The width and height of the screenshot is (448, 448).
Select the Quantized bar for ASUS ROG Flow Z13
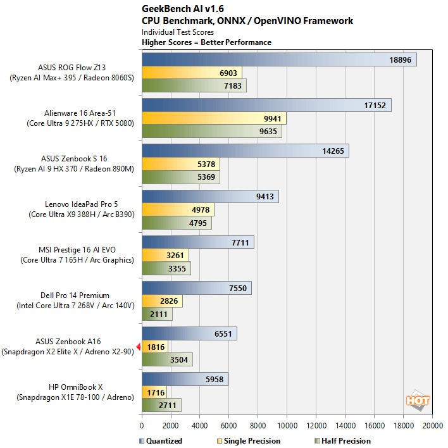278,59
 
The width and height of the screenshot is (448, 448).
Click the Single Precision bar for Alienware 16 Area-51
214,118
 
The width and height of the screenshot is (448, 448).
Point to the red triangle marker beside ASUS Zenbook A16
139,345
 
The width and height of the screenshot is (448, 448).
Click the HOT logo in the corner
418,401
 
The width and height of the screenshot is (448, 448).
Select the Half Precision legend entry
342,441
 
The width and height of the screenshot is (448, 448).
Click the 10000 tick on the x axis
287,426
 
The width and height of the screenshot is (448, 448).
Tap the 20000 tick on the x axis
433,426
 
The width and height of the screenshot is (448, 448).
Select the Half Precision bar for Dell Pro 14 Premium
157,314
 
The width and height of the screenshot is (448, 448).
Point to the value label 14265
329,151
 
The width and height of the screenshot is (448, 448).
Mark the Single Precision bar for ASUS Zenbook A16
154,347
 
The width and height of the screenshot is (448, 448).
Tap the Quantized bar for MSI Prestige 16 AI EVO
197,242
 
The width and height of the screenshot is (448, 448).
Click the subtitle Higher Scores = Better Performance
206,42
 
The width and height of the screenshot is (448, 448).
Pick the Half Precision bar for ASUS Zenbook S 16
180,177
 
